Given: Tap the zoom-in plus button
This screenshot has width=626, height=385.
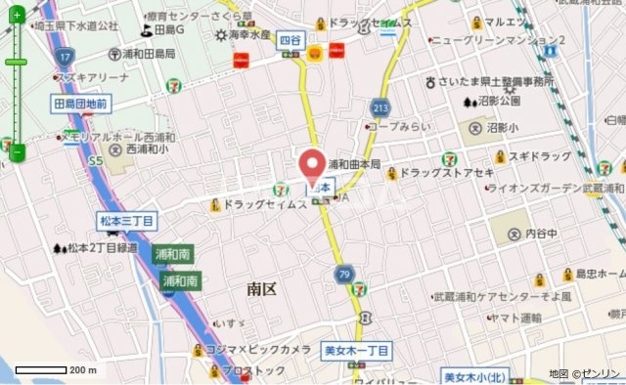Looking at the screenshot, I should pyautogui.click(x=17, y=16).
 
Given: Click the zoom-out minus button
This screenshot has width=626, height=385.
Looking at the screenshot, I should pyautogui.click(x=17, y=152).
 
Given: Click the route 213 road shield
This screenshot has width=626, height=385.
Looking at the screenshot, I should pyautogui.click(x=380, y=107).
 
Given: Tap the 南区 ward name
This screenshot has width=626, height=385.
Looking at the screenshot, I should pyautogui.click(x=262, y=289).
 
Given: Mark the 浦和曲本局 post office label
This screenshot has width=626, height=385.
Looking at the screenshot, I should pyautogui.click(x=353, y=164).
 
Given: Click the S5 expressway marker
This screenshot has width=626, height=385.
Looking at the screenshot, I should pyautogui.click(x=95, y=159).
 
